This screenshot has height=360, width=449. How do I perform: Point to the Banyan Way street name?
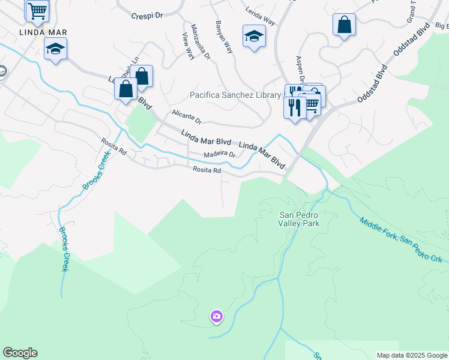click(224, 38)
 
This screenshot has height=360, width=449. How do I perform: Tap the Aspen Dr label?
click(300, 70)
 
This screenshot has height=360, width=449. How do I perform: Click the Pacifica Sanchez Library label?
click(235, 95)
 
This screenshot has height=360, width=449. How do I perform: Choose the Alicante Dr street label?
click(186, 117)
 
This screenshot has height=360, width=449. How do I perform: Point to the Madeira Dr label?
click(219, 154)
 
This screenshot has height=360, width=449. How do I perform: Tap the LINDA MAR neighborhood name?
click(43, 32)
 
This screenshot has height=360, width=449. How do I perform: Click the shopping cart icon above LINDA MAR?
click(37, 10)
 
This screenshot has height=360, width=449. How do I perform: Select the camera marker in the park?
click(217, 316)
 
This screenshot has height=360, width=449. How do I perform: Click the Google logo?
click(20, 353)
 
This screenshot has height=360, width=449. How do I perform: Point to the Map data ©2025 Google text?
click(411, 355)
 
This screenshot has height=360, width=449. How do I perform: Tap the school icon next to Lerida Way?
click(254, 36)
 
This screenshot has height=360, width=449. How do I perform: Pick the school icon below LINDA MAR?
click(55, 49)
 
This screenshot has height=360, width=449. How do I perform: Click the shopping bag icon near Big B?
click(345, 25)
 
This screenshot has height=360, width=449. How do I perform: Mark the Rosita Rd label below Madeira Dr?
click(207, 170)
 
